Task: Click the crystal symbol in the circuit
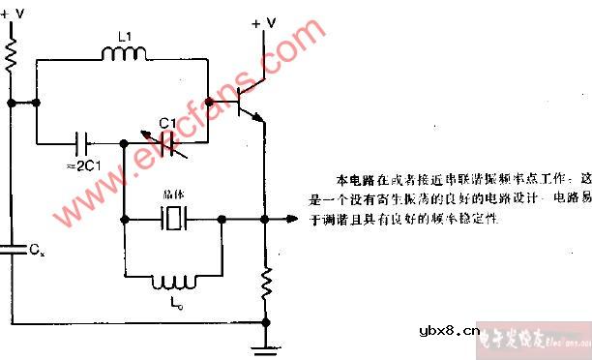click(174, 220)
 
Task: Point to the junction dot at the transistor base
click(208, 101)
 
